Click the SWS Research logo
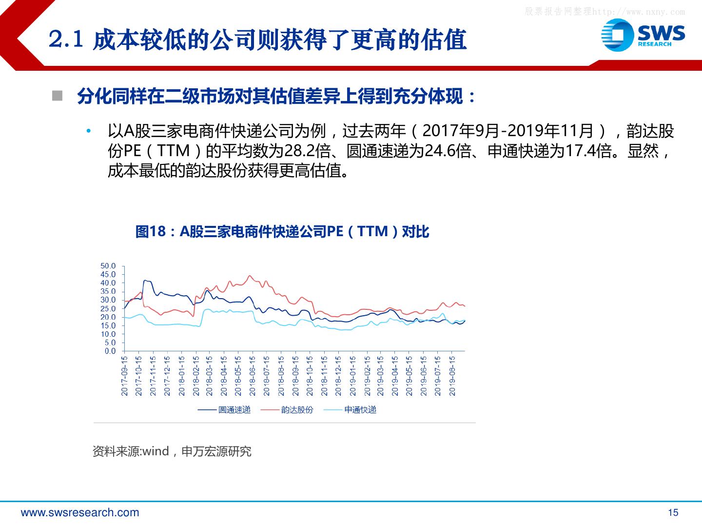point(643,35)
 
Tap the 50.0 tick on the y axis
point(108,266)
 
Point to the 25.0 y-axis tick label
point(108,309)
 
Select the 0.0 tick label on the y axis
point(110,351)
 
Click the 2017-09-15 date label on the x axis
point(124,376)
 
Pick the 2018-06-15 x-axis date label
point(253,376)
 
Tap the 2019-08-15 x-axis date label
point(452,376)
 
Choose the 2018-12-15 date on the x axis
point(338,376)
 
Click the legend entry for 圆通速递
point(224,410)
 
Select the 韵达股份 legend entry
point(287,410)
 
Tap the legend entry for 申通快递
point(350,410)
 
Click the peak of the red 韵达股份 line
point(250,276)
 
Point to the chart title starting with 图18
point(282,231)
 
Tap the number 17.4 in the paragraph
point(580,151)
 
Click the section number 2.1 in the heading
point(66,40)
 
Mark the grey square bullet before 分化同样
point(57,95)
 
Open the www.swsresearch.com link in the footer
point(80,512)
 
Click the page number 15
point(673,512)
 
